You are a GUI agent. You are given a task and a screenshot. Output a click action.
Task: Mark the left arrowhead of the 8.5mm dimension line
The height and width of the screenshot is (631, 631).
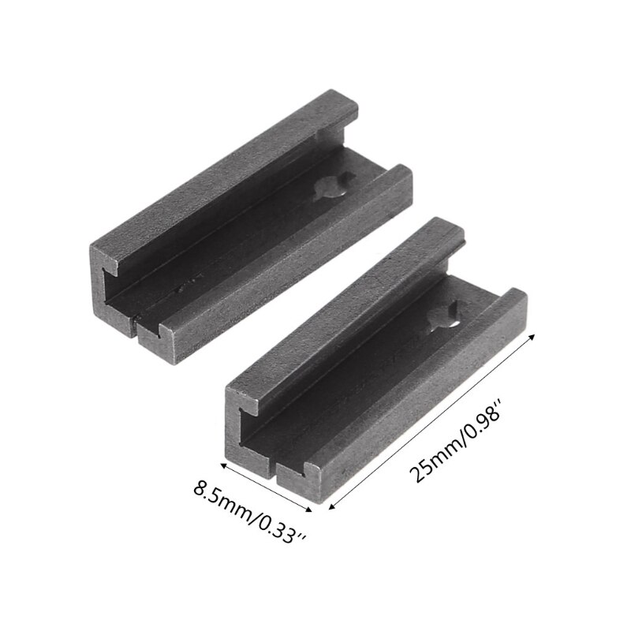[222, 466]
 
